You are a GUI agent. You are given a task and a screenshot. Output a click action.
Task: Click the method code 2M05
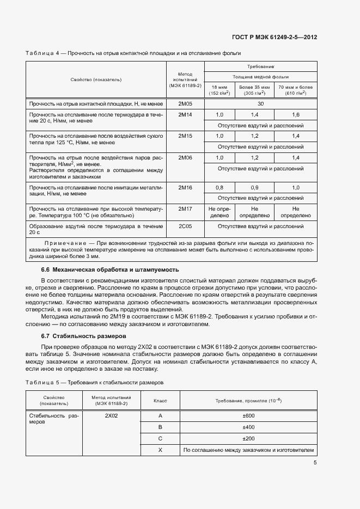(x=185, y=103)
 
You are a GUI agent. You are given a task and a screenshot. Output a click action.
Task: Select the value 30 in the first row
(x=260, y=103)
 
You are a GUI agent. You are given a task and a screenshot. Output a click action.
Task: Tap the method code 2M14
(x=185, y=114)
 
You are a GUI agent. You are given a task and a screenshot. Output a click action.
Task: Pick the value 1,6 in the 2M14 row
(x=296, y=114)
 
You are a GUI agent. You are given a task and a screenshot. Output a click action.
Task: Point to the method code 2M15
(x=185, y=136)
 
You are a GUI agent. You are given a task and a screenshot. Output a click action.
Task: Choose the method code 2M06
(x=185, y=157)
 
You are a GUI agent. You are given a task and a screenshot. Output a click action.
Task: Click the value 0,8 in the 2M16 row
(x=219, y=187)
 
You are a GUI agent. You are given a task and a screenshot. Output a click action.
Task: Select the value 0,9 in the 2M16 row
(x=254, y=187)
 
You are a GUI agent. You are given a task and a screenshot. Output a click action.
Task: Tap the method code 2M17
(x=185, y=208)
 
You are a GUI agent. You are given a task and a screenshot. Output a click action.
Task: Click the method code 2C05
(x=185, y=225)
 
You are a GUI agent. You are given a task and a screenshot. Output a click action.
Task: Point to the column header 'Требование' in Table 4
(x=260, y=66)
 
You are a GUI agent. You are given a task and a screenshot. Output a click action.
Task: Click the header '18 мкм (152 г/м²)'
(x=219, y=90)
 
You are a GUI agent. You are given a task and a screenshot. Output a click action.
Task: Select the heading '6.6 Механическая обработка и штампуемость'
(x=109, y=270)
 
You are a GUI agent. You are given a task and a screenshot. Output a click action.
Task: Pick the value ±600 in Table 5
(x=248, y=416)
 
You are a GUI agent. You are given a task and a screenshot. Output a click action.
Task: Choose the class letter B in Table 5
(x=160, y=427)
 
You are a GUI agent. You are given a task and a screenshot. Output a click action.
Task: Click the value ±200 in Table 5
(x=248, y=439)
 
